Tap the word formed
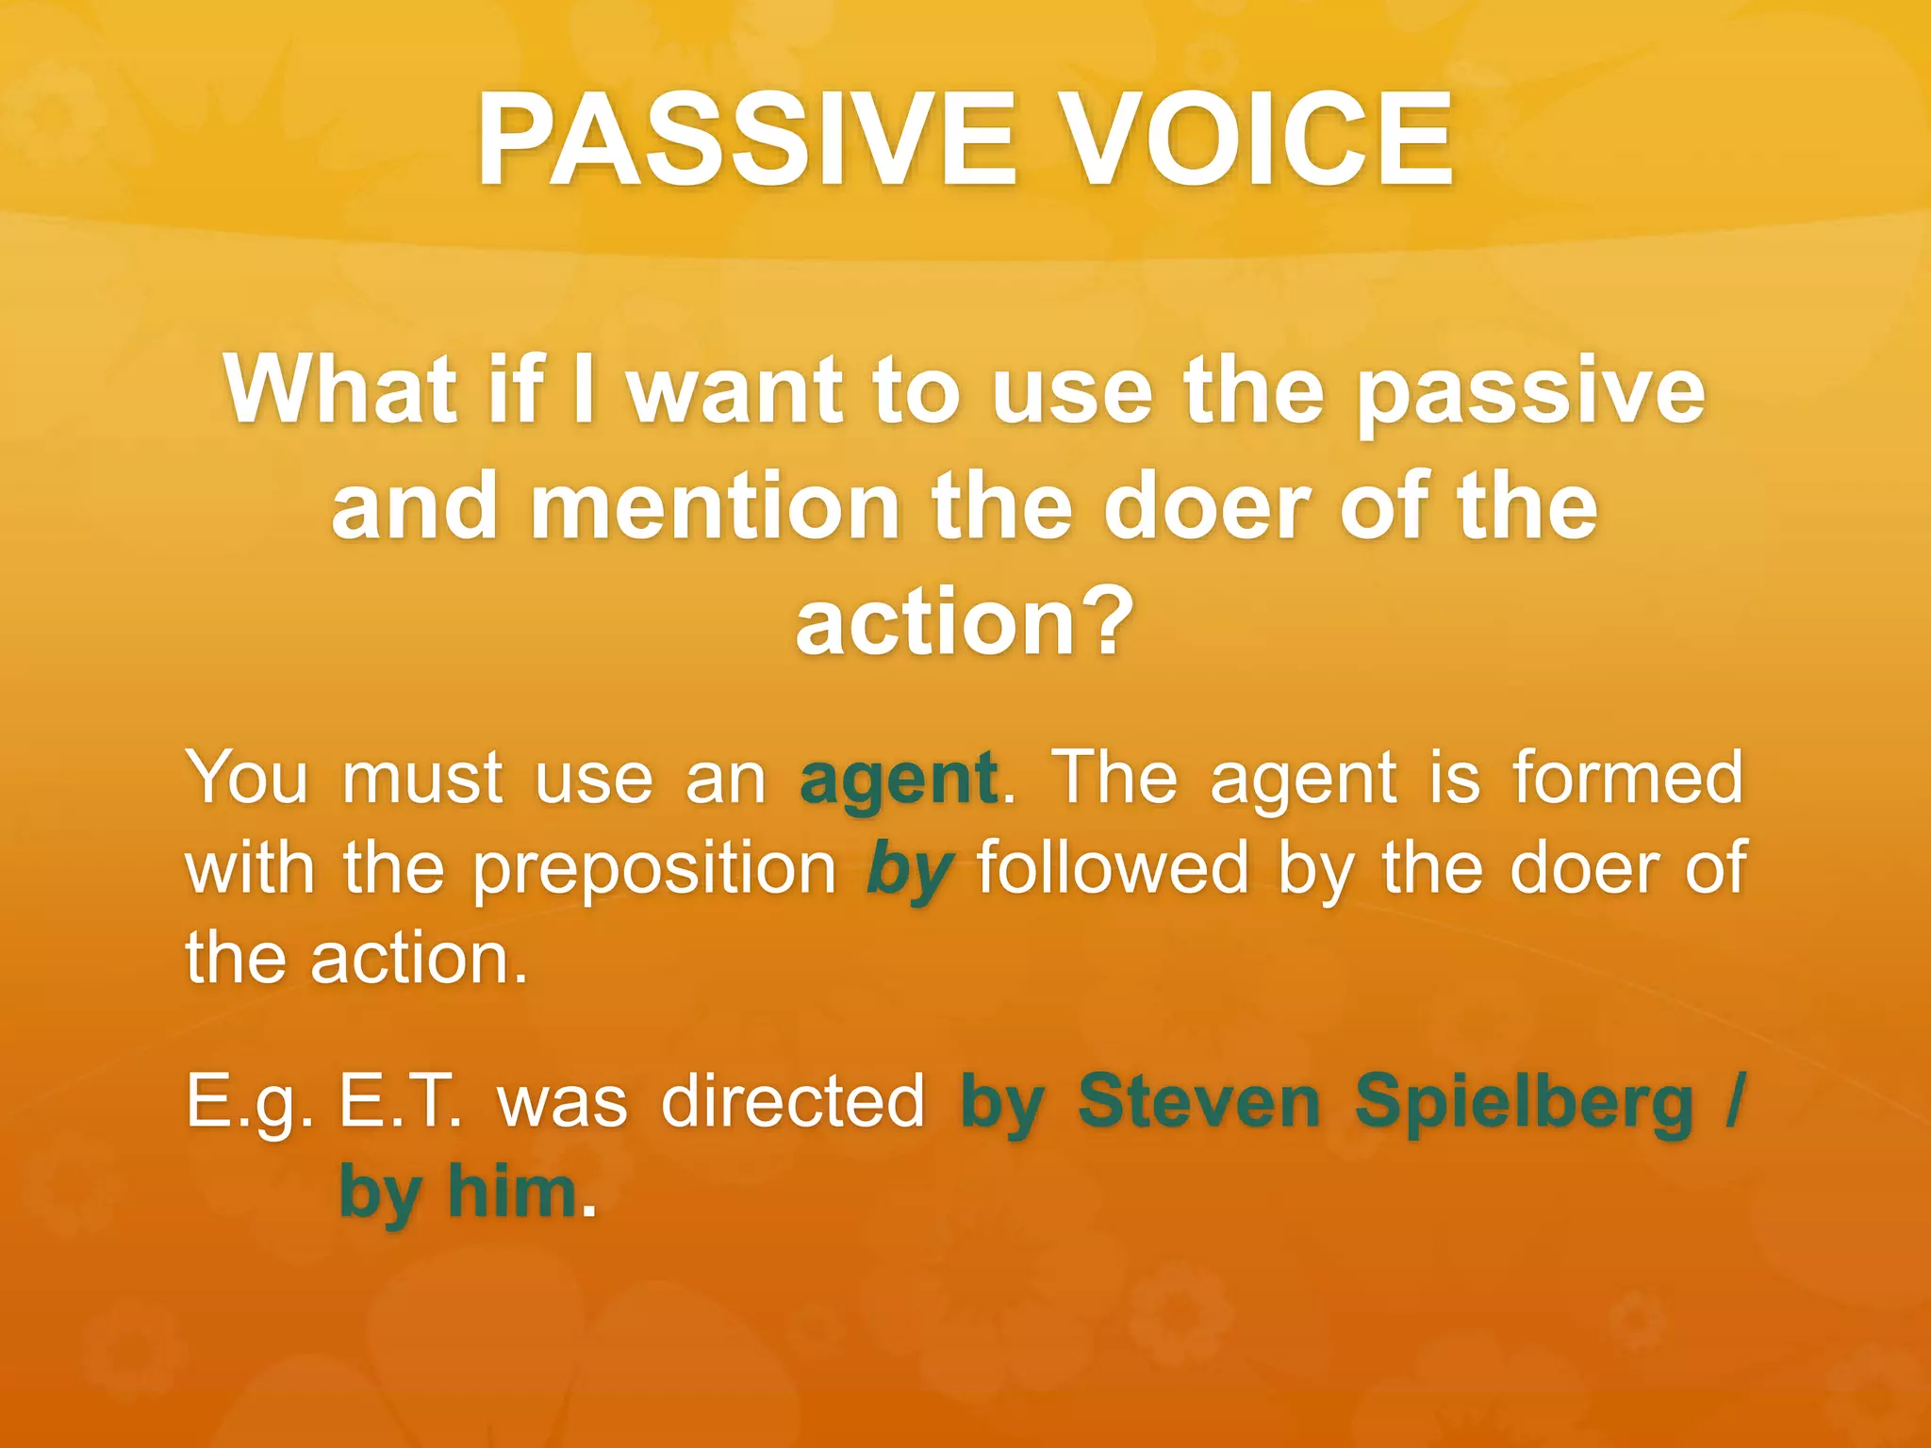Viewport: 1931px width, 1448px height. pos(1627,778)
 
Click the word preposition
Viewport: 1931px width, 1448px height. pos(654,870)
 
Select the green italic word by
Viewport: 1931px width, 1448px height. pos(909,870)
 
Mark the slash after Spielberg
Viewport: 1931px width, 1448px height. pos(1735,1100)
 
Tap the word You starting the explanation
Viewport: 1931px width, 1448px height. pos(247,778)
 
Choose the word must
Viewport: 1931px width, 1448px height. pos(422,780)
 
